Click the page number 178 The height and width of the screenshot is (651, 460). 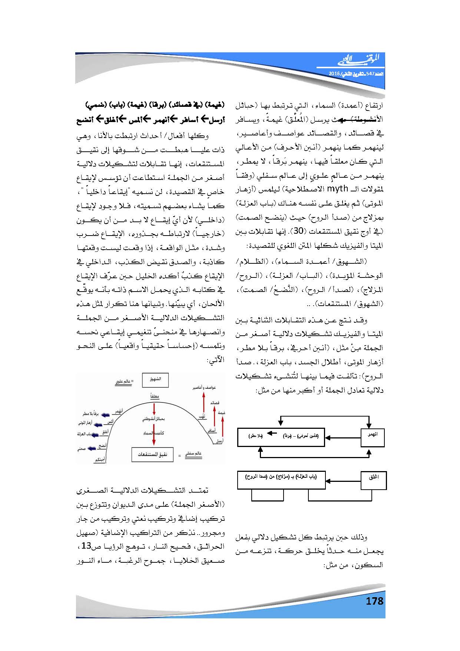tap(374, 601)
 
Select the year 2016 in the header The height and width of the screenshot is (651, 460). tap(335, 74)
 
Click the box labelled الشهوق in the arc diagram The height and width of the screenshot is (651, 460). tap(155, 380)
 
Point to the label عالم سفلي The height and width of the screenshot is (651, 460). tap(193, 454)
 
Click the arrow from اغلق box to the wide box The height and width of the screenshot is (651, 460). tap(343, 481)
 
